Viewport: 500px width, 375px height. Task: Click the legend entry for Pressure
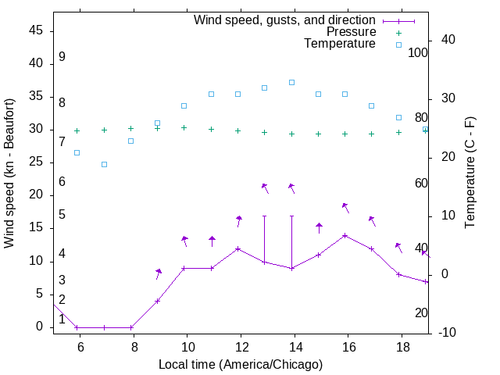tap(352, 32)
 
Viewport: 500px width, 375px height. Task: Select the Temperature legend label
tap(340, 44)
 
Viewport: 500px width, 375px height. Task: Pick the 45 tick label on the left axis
tap(35, 30)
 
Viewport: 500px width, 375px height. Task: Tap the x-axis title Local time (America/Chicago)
tap(241, 364)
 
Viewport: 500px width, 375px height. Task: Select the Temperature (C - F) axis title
tap(470, 173)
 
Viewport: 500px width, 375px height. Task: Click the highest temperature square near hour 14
tap(291, 82)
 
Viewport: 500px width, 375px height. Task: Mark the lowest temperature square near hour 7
tap(104, 164)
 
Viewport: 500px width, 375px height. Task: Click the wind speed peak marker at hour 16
tap(345, 235)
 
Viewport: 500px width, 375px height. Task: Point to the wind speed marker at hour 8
tap(131, 327)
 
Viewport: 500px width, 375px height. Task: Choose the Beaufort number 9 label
tap(62, 57)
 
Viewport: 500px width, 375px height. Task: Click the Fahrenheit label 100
tap(419, 53)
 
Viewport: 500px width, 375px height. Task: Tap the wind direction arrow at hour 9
tap(159, 272)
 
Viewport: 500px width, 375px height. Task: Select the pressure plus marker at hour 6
tap(77, 130)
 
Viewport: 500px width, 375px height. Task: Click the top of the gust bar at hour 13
tap(264, 216)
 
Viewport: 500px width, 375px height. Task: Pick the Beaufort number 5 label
tap(62, 215)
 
